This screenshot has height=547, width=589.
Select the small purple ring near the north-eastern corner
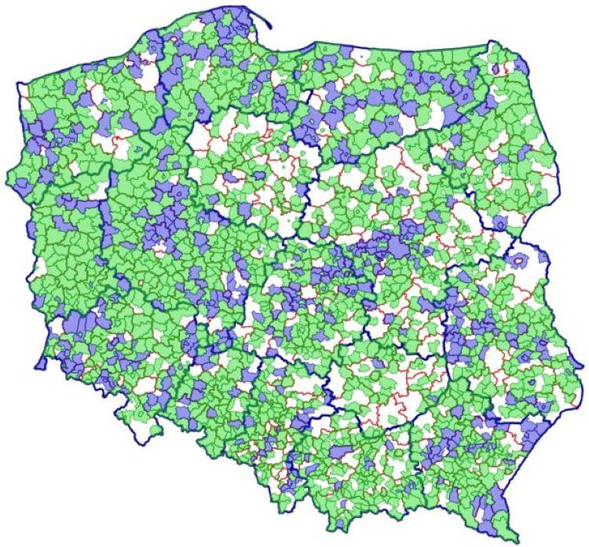click(496, 69)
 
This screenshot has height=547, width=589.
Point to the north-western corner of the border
click(19, 83)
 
